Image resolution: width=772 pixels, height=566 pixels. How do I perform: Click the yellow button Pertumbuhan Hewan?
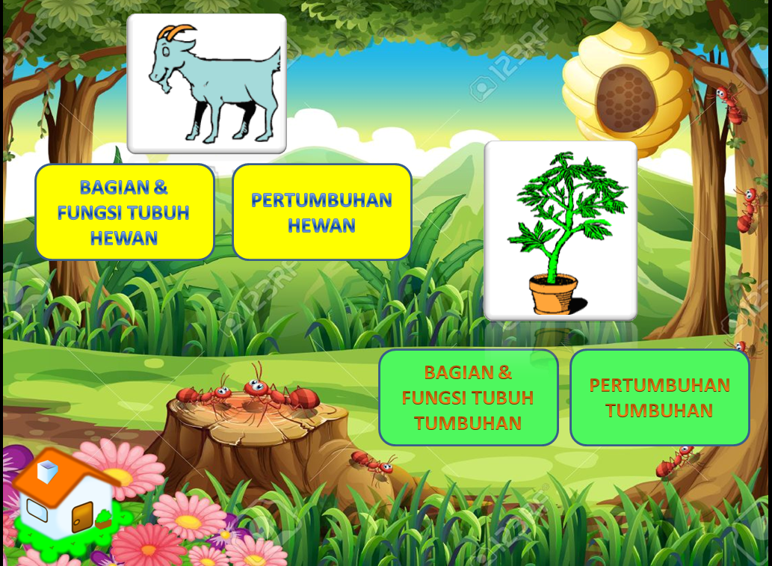pos(321,212)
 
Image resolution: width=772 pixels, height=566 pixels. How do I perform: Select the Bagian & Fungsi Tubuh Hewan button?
pos(125,212)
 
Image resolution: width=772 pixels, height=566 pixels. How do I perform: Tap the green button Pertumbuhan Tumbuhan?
pos(659,398)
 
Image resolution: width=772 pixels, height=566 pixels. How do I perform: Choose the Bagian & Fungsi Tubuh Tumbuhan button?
pos(468,398)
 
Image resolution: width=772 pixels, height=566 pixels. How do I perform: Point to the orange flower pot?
pos(553,294)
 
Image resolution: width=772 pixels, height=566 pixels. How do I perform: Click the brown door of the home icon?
pos(82,517)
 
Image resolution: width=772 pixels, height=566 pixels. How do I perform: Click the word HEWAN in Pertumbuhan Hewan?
pos(321,225)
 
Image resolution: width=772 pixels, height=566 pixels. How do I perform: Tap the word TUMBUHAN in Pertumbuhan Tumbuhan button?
pos(659,410)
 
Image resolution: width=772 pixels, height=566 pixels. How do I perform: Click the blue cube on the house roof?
pos(48,471)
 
